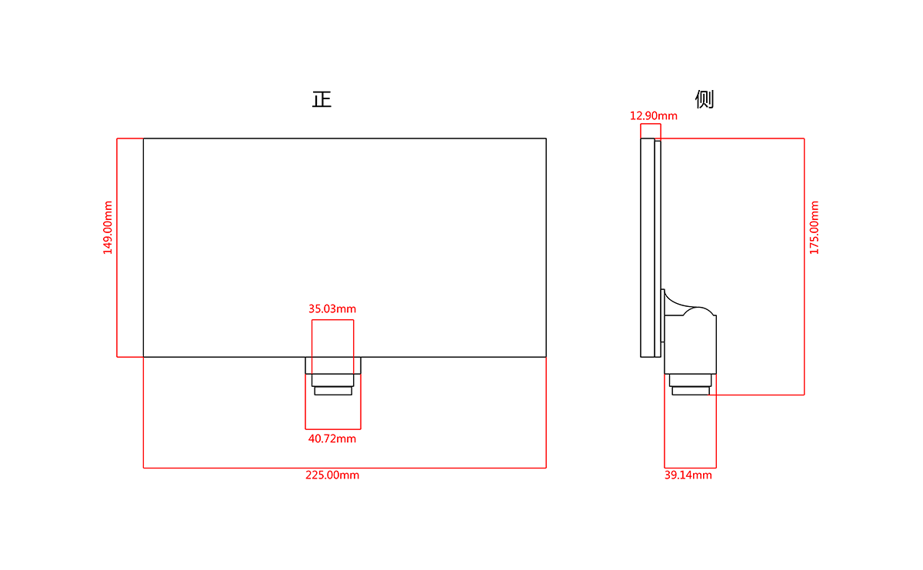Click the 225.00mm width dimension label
point(332,475)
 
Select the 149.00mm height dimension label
point(108,228)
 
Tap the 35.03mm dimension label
point(332,308)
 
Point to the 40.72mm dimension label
point(332,438)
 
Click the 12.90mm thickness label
point(654,116)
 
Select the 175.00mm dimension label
point(815,228)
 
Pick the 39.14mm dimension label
point(688,475)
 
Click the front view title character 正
point(322,99)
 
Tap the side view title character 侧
point(705,99)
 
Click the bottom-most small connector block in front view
point(333,391)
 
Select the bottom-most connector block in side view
point(691,391)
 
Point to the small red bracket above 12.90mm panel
point(651,124)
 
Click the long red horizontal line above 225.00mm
point(345,468)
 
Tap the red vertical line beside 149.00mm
point(117,248)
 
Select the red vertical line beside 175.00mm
point(804,267)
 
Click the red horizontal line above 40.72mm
point(333,429)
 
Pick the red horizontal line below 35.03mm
point(332,320)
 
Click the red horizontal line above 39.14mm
point(690,468)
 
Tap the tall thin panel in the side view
point(648,248)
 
